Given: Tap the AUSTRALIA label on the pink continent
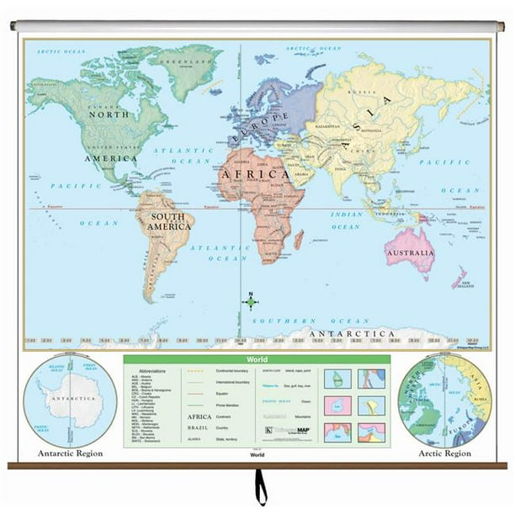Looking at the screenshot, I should click(409, 252).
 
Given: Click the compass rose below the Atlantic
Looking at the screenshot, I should click(250, 300).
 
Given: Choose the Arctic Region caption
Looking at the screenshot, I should click(445, 453).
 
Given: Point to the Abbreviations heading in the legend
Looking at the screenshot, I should click(151, 370).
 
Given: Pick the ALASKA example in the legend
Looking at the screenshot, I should click(194, 438).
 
